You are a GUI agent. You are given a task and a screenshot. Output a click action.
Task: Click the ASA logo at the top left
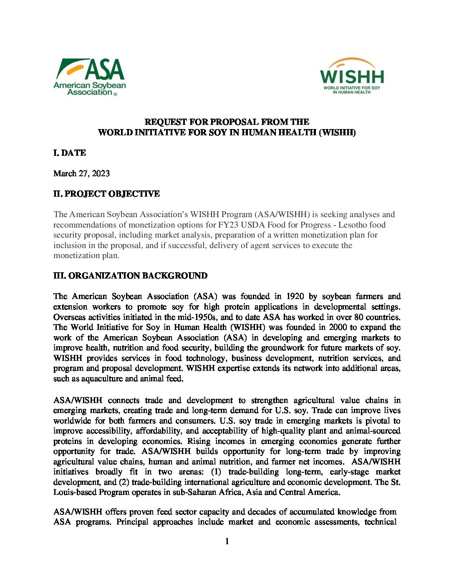[x=89, y=77]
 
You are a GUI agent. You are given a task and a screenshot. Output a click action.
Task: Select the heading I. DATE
[x=70, y=153]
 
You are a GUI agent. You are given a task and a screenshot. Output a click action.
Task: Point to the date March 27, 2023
[x=81, y=173]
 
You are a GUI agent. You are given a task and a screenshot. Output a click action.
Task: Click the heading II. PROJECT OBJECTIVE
[x=106, y=194]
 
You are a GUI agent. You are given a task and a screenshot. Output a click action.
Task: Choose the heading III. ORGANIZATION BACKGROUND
[x=130, y=276]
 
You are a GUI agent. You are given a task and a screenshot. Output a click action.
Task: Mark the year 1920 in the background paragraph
[x=295, y=296]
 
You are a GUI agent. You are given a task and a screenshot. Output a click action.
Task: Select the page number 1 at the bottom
[x=227, y=541]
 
